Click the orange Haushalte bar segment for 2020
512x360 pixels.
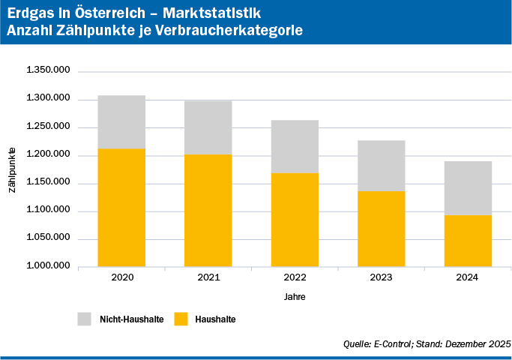121,208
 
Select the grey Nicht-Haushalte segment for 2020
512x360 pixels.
121,122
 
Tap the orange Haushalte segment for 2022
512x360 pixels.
295,220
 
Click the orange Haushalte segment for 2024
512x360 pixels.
468,241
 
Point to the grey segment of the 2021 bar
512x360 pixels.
208,127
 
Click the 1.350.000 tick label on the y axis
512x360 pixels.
48,70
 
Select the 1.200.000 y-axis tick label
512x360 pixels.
48,154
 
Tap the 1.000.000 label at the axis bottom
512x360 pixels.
48,266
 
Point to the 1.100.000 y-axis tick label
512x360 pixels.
48,211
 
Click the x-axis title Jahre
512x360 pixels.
295,297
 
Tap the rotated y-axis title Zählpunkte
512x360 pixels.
13,169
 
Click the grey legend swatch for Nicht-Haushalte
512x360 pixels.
84,319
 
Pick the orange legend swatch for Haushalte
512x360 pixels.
181,319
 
